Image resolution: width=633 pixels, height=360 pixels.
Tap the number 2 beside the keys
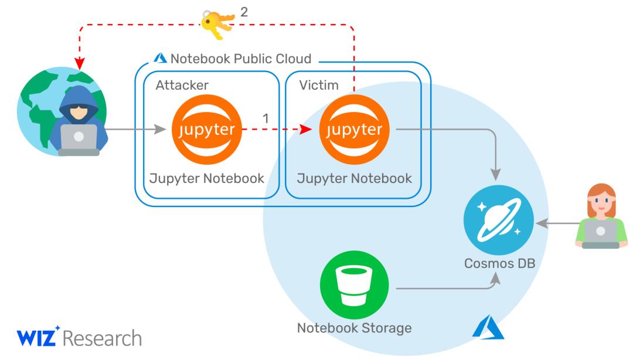[x=244, y=11]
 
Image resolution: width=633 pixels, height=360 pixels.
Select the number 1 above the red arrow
[x=266, y=117]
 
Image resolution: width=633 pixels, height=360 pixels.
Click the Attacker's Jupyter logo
[x=207, y=129]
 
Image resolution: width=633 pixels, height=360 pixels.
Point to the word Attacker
[x=182, y=86]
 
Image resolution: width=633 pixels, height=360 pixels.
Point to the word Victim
[x=320, y=86]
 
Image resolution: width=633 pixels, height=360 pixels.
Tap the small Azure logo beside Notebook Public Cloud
[x=159, y=58]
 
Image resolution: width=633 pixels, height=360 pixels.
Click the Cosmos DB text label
[x=499, y=264]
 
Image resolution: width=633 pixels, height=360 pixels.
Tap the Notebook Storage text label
[x=354, y=328]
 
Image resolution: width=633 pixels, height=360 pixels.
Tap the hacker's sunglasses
[x=79, y=112]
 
